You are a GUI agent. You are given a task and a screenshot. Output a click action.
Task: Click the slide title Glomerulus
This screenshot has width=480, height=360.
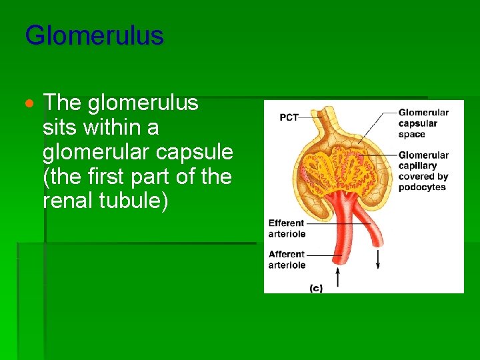tap(94, 35)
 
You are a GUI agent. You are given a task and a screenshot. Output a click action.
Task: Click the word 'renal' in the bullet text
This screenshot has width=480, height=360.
tap(67, 200)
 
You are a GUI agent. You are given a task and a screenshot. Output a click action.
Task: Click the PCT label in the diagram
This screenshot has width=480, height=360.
tap(289, 118)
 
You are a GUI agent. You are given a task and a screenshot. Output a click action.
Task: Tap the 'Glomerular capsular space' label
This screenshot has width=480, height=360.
tap(423, 123)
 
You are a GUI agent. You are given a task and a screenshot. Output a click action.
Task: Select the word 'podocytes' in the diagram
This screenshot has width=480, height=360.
tap(423, 187)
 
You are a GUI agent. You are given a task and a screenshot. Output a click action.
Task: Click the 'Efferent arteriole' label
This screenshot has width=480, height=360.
tap(287, 229)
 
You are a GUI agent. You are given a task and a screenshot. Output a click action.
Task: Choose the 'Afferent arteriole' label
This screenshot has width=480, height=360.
tap(287, 259)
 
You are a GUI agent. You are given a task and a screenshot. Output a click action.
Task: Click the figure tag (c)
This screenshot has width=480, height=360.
tap(316, 288)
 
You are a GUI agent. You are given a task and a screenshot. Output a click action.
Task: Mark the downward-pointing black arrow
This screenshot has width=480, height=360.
tap(378, 259)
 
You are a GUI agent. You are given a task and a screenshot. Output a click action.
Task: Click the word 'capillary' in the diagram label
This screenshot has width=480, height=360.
tap(417, 166)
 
